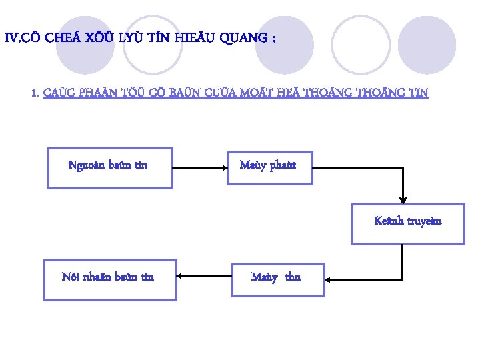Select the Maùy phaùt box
click(268, 167)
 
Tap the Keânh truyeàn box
click(408, 224)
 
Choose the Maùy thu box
click(277, 279)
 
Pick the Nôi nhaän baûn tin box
click(110, 280)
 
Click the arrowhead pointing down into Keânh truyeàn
click(403, 198)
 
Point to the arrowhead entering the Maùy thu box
click(328, 277)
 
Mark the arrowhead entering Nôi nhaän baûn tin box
click(182, 275)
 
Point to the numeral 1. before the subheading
click(36, 94)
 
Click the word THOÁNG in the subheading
click(327, 94)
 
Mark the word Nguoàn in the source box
click(85, 165)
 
